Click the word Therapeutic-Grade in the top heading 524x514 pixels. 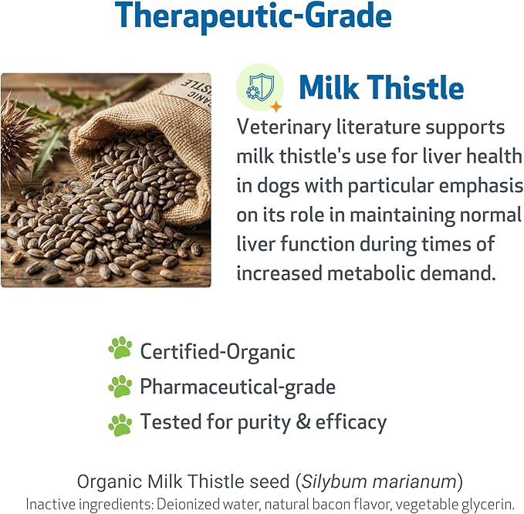[x=252, y=16]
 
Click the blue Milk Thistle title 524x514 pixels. [x=380, y=88]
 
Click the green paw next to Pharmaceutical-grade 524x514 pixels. [x=120, y=386]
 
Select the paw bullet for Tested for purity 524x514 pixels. [x=120, y=423]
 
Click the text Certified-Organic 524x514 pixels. [x=218, y=352]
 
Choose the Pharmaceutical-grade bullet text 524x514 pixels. [x=237, y=387]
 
